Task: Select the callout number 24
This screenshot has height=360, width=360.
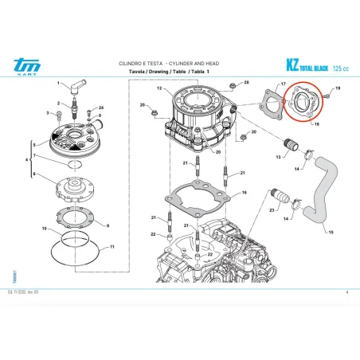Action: point(101,107)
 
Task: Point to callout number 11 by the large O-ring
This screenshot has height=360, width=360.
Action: point(112,248)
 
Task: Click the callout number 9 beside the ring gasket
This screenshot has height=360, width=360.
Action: point(108,215)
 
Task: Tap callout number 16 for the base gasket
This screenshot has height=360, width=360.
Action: point(244,192)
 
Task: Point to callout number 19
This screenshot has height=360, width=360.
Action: point(338,88)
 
